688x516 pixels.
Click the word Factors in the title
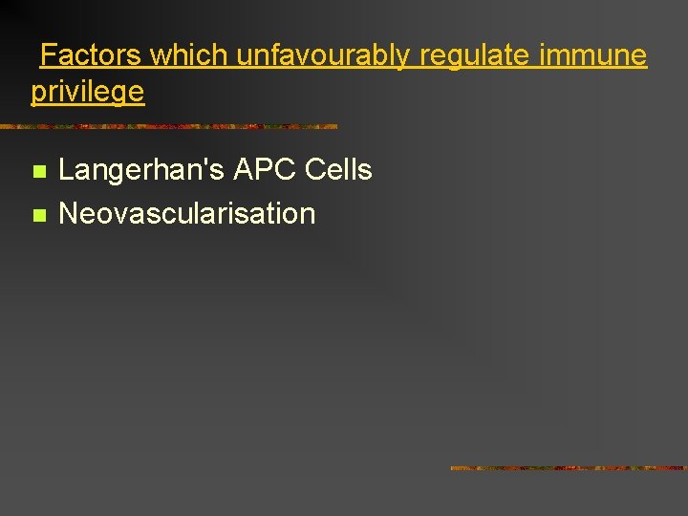[x=91, y=55]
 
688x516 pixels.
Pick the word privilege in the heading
[x=88, y=93]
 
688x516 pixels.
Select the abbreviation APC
[x=260, y=171]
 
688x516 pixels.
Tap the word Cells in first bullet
[x=338, y=171]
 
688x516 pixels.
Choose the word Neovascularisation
[x=186, y=213]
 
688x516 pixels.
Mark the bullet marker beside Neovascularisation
[x=38, y=215]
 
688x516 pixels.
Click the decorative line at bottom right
[x=568, y=468]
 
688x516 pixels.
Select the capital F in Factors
[x=48, y=55]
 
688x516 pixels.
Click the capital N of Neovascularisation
[x=68, y=213]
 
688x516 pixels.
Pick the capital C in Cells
[x=315, y=171]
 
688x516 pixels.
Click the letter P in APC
[x=259, y=171]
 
